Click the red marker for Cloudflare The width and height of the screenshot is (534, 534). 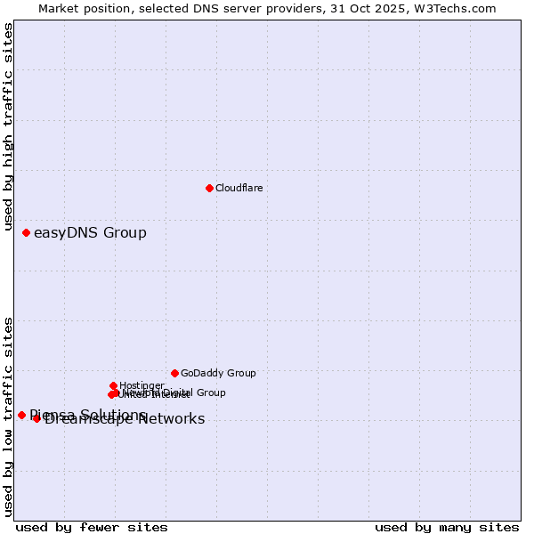pyautogui.click(x=209, y=188)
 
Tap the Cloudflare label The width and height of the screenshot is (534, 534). pyautogui.click(x=239, y=188)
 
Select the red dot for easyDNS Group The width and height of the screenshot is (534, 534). pyautogui.click(x=26, y=232)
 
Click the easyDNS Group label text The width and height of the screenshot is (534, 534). pyautogui.click(x=90, y=233)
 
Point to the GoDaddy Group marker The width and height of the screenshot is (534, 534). pyautogui.click(x=174, y=373)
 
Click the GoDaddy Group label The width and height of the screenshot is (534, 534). pyautogui.click(x=218, y=373)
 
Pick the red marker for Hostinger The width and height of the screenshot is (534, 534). pyautogui.click(x=113, y=385)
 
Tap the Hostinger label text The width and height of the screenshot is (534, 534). pyautogui.click(x=142, y=385)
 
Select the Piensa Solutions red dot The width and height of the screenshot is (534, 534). pyautogui.click(x=21, y=415)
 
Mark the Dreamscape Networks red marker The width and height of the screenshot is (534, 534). pyautogui.click(x=36, y=418)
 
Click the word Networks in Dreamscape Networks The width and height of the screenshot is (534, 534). pyautogui.click(x=173, y=419)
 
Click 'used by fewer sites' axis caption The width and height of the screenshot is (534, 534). pyautogui.click(x=92, y=527)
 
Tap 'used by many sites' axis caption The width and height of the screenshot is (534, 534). pyautogui.click(x=447, y=527)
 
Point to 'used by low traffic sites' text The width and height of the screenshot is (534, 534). pyautogui.click(x=9, y=417)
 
